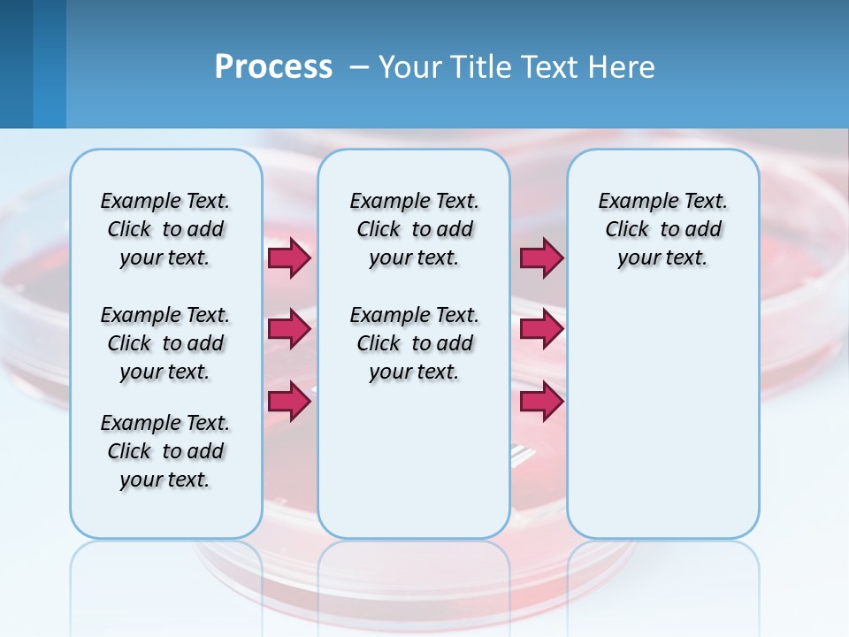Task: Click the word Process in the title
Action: point(273,67)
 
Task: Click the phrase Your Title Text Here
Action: point(516,67)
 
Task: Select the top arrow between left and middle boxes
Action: point(288,258)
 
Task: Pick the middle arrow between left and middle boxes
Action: point(288,330)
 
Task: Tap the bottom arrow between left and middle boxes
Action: point(288,402)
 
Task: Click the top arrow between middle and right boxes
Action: point(541,258)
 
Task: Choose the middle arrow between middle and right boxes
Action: point(541,330)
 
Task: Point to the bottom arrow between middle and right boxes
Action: point(541,402)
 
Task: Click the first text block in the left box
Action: point(165,229)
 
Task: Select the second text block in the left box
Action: point(165,343)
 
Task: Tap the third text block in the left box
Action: point(165,451)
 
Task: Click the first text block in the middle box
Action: point(414,229)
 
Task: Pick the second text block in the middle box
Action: point(414,343)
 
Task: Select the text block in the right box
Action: point(662,229)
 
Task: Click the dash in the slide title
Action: point(359,67)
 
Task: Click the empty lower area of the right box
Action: point(662,416)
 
